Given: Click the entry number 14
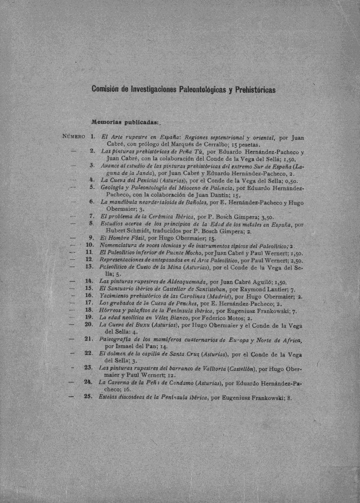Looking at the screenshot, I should [x=89, y=281].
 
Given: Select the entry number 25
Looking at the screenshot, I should [x=88, y=396].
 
